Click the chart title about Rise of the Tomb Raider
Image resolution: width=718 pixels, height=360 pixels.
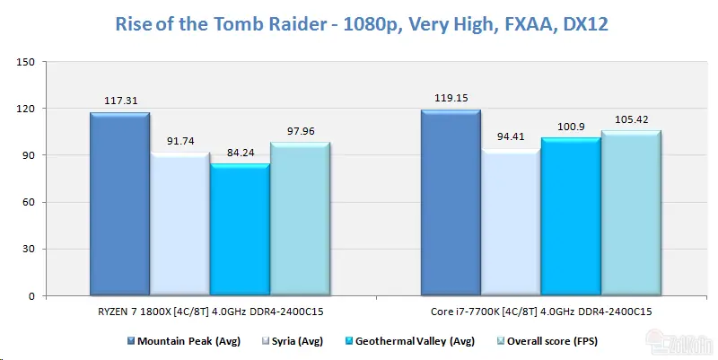362,24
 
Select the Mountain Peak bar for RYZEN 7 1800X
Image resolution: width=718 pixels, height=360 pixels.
120,204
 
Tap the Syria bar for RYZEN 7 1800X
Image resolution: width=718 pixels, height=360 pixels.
180,224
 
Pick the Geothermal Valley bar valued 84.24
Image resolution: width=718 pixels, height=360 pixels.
241,230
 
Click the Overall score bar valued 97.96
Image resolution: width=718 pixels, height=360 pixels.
301,219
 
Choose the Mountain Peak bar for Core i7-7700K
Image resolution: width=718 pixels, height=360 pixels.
451,202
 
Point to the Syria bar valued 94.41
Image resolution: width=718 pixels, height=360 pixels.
511,222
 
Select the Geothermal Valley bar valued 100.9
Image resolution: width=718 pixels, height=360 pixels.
571,216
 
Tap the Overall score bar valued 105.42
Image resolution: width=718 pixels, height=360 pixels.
632,213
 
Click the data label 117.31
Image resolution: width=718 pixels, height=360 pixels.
121,101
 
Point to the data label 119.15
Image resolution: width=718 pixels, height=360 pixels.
451,98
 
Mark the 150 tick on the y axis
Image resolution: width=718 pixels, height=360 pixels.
26,62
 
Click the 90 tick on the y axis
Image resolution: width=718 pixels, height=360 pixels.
29,155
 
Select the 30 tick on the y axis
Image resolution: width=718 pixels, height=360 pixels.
29,250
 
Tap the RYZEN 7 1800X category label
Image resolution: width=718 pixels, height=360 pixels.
211,312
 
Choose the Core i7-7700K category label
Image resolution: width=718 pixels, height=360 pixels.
541,312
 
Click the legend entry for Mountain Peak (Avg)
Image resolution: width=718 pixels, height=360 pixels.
184,341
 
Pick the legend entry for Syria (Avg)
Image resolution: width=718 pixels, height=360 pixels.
293,341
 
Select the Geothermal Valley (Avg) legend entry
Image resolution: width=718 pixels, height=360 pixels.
410,341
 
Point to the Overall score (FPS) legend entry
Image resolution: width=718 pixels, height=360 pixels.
547,341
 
